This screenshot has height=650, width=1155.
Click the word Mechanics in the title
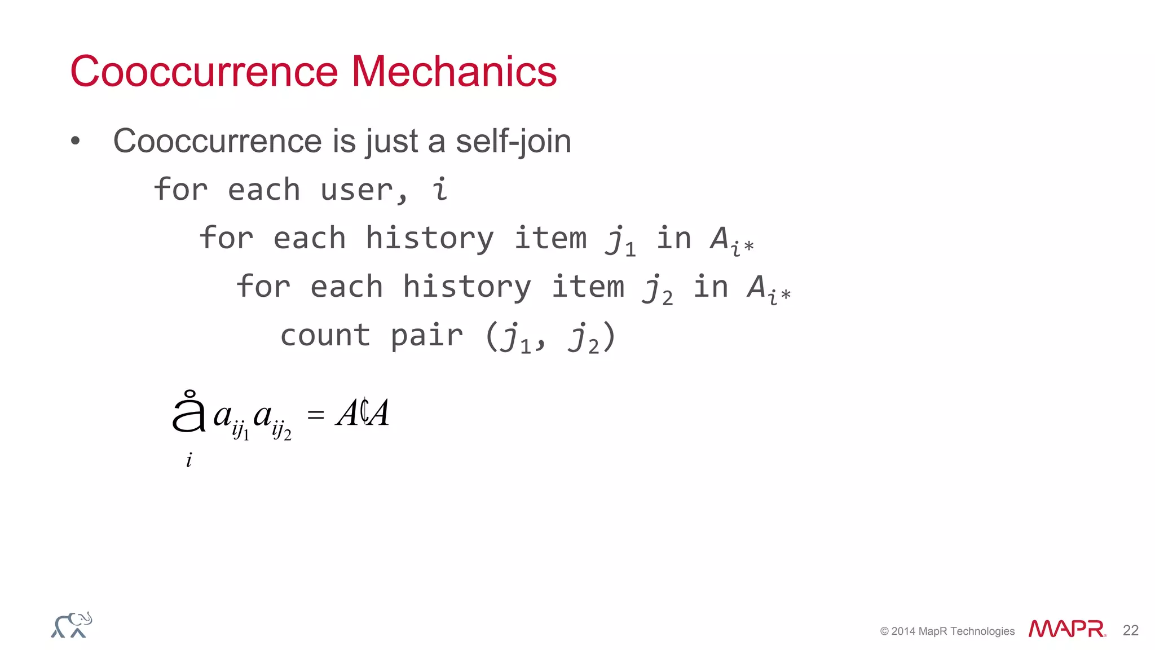click(x=454, y=72)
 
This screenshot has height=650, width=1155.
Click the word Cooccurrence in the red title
click(x=204, y=72)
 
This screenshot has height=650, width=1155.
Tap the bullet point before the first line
click(x=76, y=141)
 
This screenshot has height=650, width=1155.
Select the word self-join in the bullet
click(x=513, y=141)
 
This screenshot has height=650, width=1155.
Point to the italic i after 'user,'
click(x=440, y=190)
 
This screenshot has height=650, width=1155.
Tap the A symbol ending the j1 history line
click(x=721, y=238)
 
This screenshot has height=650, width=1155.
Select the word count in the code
click(x=325, y=336)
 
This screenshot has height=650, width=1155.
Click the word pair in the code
click(x=427, y=337)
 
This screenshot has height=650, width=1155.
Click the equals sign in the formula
click(x=316, y=415)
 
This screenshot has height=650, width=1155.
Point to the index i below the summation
click(x=189, y=460)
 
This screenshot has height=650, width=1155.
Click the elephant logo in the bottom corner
click(x=72, y=625)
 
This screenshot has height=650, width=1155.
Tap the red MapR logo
click(x=1066, y=629)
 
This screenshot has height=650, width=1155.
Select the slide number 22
click(x=1130, y=630)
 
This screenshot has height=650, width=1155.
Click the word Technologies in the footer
click(x=982, y=631)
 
